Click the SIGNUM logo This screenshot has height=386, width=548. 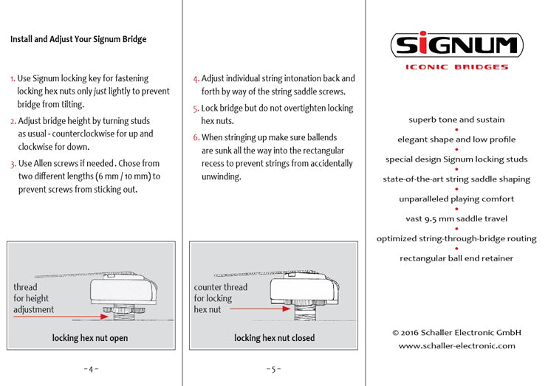pyautogui.click(x=456, y=46)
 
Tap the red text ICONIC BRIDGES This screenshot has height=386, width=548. pyautogui.click(x=456, y=67)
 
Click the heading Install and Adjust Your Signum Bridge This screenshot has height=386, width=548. pyautogui.click(x=78, y=39)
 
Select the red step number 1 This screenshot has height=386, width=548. pyautogui.click(x=13, y=78)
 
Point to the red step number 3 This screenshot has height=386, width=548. pyautogui.click(x=13, y=163)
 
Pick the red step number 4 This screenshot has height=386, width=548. pyautogui.click(x=196, y=78)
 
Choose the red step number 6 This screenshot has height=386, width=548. pyautogui.click(x=196, y=138)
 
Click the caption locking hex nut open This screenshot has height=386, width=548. pyautogui.click(x=90, y=338)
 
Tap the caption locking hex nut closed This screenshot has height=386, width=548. pyautogui.click(x=274, y=338)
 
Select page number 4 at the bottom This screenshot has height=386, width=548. pyautogui.click(x=91, y=368)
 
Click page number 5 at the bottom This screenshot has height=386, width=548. pyautogui.click(x=273, y=368)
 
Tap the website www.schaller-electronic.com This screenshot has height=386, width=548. pyautogui.click(x=456, y=345)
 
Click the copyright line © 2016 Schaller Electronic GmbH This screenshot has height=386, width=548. pyautogui.click(x=456, y=332)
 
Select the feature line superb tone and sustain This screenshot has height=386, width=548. pyautogui.click(x=456, y=120)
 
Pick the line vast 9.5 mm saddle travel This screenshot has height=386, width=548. pyautogui.click(x=456, y=218)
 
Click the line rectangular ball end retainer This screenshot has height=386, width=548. pyautogui.click(x=456, y=258)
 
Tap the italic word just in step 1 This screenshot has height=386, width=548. pyautogui.click(x=100, y=92)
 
